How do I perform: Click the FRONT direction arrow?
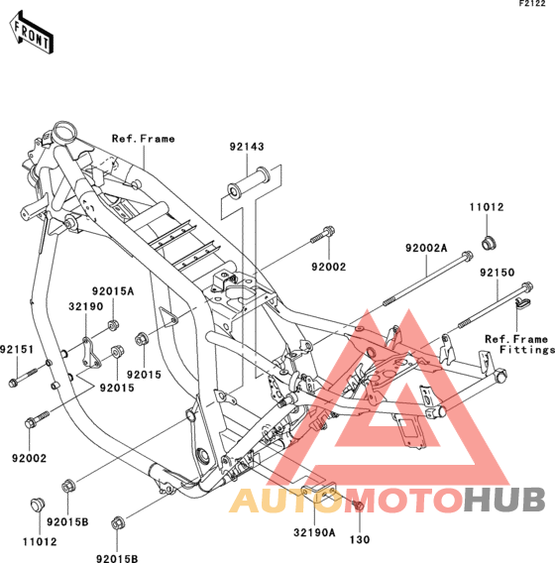(32, 33)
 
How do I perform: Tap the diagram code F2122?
(532, 4)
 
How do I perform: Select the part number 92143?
(247, 147)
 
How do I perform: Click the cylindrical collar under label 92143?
(249, 182)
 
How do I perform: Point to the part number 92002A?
(426, 248)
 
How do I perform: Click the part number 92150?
(498, 273)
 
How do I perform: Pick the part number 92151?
(17, 349)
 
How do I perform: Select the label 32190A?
(314, 532)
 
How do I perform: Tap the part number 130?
(360, 539)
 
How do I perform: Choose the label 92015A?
(113, 291)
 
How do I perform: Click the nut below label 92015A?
(113, 325)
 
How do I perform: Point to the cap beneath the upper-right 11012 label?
(489, 243)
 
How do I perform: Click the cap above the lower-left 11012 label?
(38, 505)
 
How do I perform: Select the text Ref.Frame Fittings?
(519, 344)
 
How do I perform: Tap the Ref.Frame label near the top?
(144, 139)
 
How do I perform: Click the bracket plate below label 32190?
(91, 353)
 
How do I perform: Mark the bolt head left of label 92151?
(13, 383)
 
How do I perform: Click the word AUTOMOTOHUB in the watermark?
(388, 501)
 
